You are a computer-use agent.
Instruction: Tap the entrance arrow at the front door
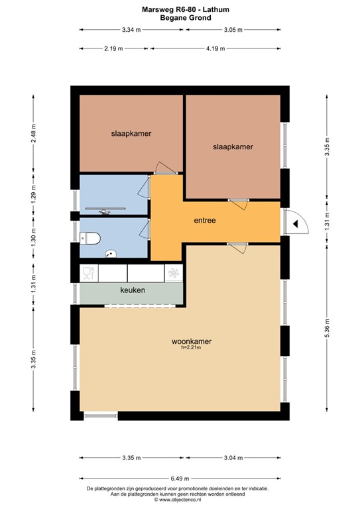[x=295, y=225]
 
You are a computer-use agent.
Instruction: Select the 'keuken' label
[x=133, y=290]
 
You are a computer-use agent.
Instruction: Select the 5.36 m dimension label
[x=327, y=329]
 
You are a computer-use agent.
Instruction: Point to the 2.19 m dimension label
[x=114, y=48]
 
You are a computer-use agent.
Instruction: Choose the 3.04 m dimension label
[x=233, y=458]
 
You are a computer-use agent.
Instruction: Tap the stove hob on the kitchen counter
[x=173, y=272]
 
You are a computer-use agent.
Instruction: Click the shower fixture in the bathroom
[x=105, y=211]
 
